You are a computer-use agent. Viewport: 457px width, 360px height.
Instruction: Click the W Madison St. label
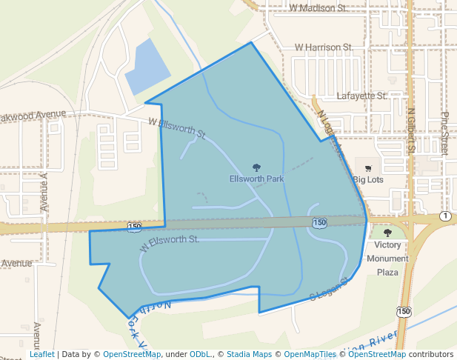point(318,8)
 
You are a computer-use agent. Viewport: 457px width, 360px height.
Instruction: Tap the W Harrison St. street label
point(322,47)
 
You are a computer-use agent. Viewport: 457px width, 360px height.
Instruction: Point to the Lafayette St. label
point(362,96)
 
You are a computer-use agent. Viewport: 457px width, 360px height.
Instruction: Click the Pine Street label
point(445,133)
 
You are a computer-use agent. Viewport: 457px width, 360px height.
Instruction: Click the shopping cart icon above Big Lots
point(368,168)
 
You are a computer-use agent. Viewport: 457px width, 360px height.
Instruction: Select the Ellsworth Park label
point(257,179)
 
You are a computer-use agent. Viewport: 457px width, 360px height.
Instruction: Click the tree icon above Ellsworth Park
point(257,167)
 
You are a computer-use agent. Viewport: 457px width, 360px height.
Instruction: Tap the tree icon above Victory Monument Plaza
point(387,233)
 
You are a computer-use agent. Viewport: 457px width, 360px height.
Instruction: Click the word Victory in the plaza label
point(387,245)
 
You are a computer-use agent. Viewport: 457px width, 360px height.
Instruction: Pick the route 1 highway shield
point(444,216)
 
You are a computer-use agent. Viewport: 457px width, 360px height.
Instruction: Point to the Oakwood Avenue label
point(33,116)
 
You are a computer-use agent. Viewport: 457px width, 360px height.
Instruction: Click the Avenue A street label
point(44,192)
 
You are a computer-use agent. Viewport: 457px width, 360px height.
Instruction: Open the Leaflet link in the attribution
point(41,354)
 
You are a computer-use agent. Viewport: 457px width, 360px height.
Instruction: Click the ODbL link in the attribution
point(201,354)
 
